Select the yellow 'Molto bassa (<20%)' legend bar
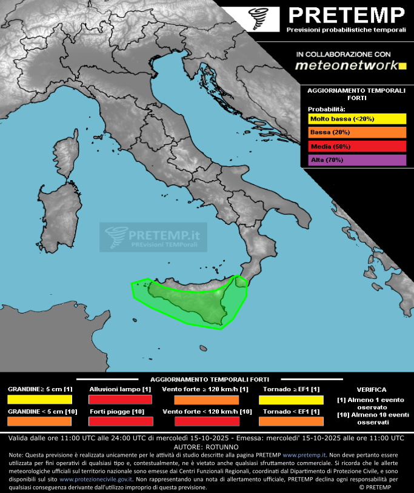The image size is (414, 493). (x=356, y=119)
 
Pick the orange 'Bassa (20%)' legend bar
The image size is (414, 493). (x=356, y=133)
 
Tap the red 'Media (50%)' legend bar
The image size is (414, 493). (x=356, y=146)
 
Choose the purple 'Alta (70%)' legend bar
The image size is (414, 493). (x=356, y=160)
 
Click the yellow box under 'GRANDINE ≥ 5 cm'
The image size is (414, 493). (x=40, y=400)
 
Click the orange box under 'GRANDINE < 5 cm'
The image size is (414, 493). (x=40, y=421)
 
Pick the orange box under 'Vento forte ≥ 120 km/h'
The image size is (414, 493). (x=206, y=400)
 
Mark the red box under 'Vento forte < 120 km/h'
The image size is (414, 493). (x=206, y=421)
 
